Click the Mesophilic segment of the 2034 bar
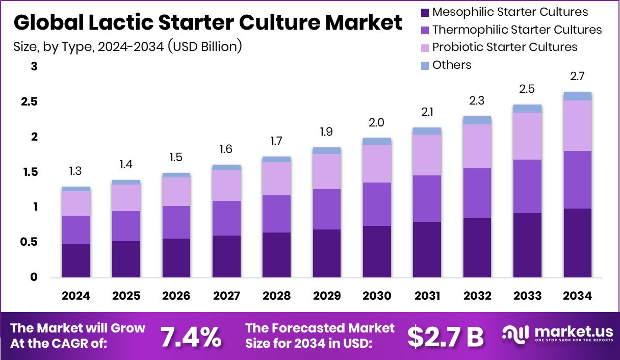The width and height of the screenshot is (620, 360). pyautogui.click(x=577, y=243)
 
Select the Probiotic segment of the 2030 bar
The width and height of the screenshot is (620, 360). pyautogui.click(x=377, y=164)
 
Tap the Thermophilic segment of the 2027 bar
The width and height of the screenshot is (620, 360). pyautogui.click(x=226, y=218)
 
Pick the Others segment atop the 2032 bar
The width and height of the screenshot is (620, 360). pyautogui.click(x=477, y=120)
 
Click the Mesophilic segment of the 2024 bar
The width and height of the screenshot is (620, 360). pyautogui.click(x=76, y=261)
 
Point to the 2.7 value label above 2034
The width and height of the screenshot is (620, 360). pyautogui.click(x=577, y=76)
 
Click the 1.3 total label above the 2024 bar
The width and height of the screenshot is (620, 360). pyautogui.click(x=76, y=171)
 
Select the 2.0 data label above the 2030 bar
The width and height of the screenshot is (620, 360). pyautogui.click(x=377, y=122)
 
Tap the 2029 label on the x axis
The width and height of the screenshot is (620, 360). pyautogui.click(x=326, y=296)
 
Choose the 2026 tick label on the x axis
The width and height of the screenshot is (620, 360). pyautogui.click(x=176, y=296)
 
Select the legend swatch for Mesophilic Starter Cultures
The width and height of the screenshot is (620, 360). pyautogui.click(x=424, y=12)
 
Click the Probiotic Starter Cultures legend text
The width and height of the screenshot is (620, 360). pyautogui.click(x=505, y=47)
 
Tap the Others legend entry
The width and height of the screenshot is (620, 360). pyautogui.click(x=452, y=65)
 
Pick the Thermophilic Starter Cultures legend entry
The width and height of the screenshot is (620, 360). pyautogui.click(x=517, y=30)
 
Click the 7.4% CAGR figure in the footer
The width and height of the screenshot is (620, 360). pyautogui.click(x=191, y=336)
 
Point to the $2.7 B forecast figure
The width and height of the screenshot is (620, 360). pyautogui.click(x=446, y=336)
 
